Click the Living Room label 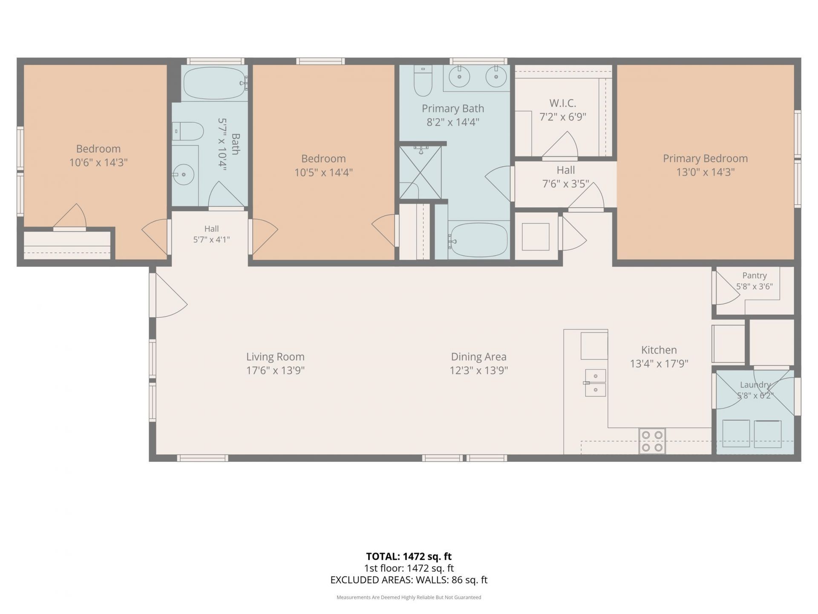(275, 357)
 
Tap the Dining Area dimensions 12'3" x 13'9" (479, 370)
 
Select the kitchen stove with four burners (652, 441)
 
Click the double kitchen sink (595, 382)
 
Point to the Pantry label (755, 275)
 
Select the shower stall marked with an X (420, 172)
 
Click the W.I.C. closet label (563, 103)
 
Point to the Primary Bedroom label (705, 158)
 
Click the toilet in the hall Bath (188, 131)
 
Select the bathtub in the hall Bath (215, 83)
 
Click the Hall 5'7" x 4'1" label (211, 234)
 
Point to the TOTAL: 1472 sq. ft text (409, 556)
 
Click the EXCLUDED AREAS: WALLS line (409, 580)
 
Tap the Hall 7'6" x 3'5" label (565, 177)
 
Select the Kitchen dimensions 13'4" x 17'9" (659, 364)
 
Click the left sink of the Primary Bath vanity (459, 77)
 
